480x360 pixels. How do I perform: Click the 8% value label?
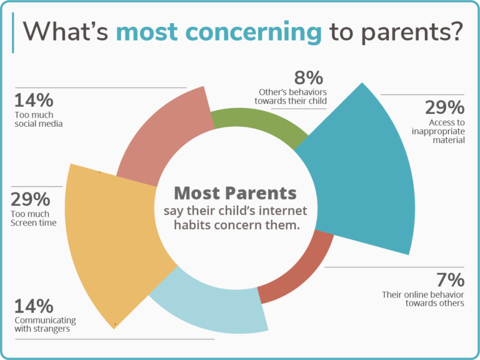(308, 78)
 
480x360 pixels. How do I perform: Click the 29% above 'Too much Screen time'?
(31, 199)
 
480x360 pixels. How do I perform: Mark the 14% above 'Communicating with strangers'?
(33, 306)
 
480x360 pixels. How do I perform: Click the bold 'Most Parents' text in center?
(235, 192)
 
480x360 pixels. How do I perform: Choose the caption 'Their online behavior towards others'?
(423, 299)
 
